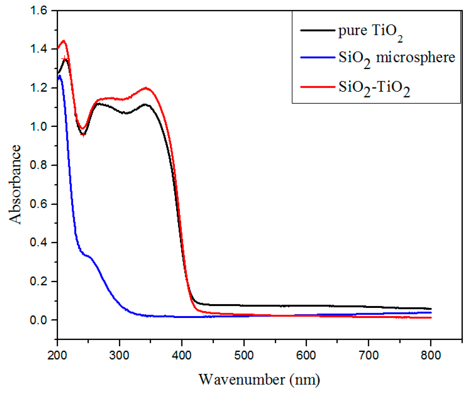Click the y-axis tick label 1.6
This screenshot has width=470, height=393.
pos(38,10)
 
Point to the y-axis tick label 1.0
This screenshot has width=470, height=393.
pos(38,127)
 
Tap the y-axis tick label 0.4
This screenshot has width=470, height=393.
pos(38,243)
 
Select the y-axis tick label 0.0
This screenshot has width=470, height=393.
pos(38,320)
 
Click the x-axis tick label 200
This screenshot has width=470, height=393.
pos(57,355)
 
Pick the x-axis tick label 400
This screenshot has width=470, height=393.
pos(182,355)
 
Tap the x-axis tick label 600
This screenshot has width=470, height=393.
pos(306,355)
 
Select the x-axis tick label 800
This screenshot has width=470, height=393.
pos(430,355)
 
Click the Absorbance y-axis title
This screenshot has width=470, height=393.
pos(15,184)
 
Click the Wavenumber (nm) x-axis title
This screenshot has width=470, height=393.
pos(259,380)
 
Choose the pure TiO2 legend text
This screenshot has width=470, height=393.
pos(370,31)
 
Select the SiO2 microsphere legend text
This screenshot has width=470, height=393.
pos(396,59)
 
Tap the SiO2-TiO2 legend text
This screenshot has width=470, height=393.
pos(374,88)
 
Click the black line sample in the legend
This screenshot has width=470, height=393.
pos(317,30)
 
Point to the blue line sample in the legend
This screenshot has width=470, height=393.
pos(317,57)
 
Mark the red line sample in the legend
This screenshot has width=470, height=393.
pos(317,87)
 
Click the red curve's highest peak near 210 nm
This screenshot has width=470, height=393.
pos(64,41)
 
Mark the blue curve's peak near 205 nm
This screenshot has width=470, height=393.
pos(60,76)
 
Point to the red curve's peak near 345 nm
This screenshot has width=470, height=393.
pos(146,88)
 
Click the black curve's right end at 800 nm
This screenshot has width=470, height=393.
pos(431,309)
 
